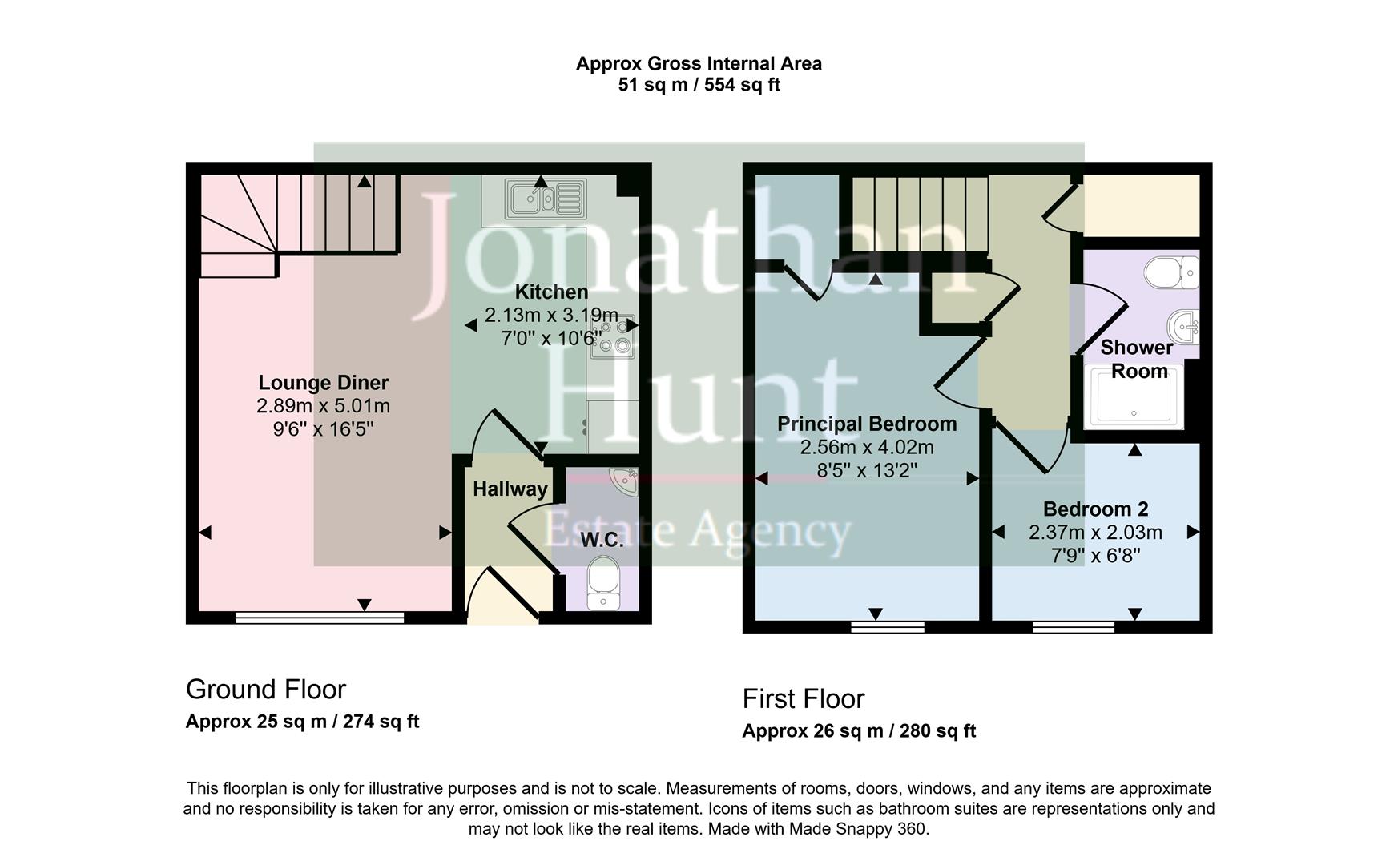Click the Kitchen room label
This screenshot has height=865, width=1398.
point(551,292)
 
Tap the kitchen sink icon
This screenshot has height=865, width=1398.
point(545,199)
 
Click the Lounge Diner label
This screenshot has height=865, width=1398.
point(323,383)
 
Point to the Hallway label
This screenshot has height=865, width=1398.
point(510,489)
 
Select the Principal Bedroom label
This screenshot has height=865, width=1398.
point(867,424)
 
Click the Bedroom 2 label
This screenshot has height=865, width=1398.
point(1095,509)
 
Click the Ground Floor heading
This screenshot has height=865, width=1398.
point(266,690)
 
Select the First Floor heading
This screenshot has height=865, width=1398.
point(804,699)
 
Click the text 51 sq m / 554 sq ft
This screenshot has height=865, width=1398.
point(699,85)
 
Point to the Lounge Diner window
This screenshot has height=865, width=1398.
point(320,617)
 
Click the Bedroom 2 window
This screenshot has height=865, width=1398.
point(1073,626)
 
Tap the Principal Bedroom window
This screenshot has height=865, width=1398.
point(888,626)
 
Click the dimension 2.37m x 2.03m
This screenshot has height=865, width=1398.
point(1095,533)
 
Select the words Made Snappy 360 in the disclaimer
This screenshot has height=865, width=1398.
point(857,829)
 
